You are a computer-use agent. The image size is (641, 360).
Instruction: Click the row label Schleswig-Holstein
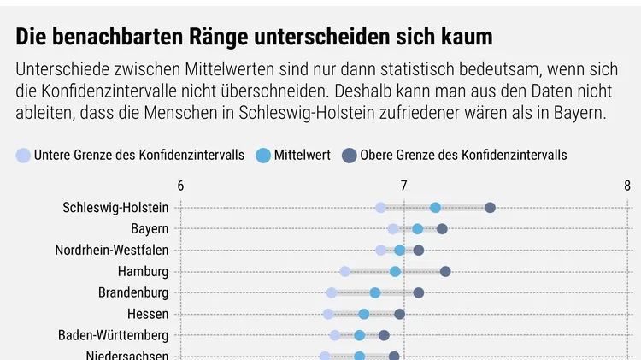click(115, 208)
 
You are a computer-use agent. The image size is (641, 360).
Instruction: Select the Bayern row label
click(150, 229)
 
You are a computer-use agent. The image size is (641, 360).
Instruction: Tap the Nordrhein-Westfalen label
click(112, 251)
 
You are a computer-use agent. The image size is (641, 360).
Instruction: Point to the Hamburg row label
click(144, 272)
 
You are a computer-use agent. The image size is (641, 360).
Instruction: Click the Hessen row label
click(148, 314)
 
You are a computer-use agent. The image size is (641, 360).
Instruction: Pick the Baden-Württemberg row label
click(114, 335)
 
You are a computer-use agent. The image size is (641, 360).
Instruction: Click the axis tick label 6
click(180, 186)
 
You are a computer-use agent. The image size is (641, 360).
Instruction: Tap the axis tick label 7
click(403, 186)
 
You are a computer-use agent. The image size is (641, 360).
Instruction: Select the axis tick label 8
click(627, 186)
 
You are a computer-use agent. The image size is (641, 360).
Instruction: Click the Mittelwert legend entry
click(293, 155)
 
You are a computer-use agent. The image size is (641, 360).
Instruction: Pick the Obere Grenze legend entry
click(454, 155)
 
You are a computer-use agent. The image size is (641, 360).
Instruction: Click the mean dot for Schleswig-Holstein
click(436, 208)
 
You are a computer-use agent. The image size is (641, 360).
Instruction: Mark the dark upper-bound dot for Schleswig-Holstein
click(490, 208)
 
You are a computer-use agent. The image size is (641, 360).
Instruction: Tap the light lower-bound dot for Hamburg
click(345, 272)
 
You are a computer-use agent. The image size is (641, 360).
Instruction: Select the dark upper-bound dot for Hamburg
click(445, 272)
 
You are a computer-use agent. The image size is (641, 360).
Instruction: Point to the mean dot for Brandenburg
click(375, 293)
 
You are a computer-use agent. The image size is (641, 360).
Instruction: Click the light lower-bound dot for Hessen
click(328, 314)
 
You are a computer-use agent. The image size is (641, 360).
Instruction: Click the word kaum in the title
click(468, 38)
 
